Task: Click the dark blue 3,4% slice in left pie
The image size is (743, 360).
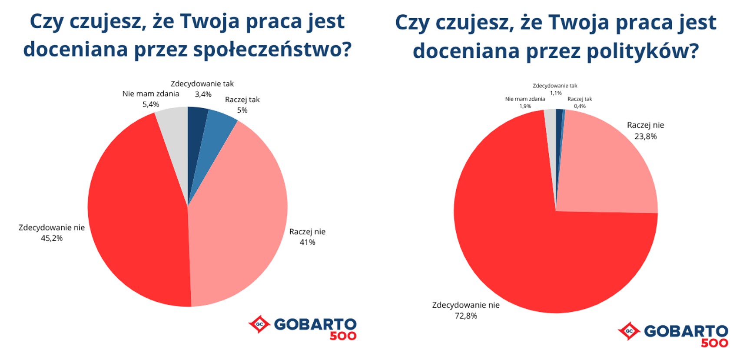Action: point(196,126)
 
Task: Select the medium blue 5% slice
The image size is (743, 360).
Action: point(216,135)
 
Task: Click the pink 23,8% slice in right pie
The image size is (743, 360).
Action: point(608,170)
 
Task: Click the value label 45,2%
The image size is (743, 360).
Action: point(52,238)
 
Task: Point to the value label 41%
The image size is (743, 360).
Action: point(307,242)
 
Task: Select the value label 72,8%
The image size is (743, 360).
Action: point(466,316)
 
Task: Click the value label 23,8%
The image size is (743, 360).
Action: point(645,137)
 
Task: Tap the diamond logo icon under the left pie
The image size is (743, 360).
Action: point(259,324)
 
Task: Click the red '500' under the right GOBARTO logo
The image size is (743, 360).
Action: point(714,343)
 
